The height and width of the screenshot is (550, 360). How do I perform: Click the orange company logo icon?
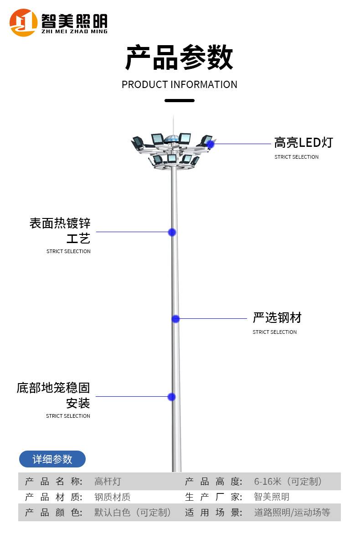point(23,23)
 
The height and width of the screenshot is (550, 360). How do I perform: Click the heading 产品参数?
point(179,57)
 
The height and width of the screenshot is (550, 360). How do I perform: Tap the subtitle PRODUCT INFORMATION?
point(179,85)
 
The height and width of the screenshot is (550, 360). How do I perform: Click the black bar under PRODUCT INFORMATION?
point(179,100)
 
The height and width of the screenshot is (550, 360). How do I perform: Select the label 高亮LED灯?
point(303,143)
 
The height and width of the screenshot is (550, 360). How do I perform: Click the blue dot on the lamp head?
point(211,144)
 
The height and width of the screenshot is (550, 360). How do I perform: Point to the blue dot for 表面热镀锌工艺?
point(172,232)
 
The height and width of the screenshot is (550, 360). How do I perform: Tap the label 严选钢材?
point(277,317)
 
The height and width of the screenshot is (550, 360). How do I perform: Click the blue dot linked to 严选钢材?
point(175,319)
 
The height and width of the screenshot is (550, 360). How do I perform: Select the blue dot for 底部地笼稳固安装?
point(171,397)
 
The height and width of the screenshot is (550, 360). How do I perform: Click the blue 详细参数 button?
point(52,459)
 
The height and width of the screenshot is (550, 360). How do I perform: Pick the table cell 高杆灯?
point(108,482)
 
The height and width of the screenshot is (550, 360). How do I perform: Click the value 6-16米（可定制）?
point(288,482)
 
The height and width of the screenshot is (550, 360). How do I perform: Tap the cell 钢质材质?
point(112,497)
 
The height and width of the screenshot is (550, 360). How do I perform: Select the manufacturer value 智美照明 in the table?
point(272,497)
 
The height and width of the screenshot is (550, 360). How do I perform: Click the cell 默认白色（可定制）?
point(133,513)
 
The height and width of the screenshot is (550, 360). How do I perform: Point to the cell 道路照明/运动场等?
point(292,513)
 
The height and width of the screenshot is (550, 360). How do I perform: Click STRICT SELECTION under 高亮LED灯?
point(296,157)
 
